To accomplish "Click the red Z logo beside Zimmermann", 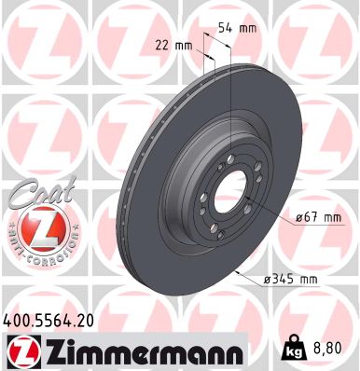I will coord(21,350).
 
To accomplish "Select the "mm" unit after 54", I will coord(247,28).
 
